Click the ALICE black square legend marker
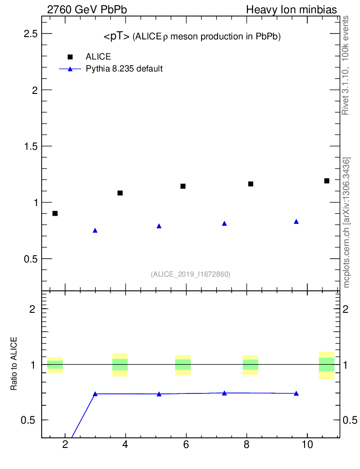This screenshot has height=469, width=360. (x=70, y=57)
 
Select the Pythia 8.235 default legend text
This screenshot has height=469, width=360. (x=124, y=69)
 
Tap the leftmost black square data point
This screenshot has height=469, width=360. (x=55, y=213)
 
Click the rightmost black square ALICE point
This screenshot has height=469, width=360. (x=327, y=180)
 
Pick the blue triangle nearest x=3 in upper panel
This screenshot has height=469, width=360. (x=95, y=230)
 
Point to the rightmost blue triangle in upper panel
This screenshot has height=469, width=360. (x=296, y=221)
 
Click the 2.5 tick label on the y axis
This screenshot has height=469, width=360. (x=31, y=34)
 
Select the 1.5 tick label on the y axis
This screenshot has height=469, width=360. (x=31, y=146)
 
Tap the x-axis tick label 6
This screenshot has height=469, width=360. (x=186, y=444)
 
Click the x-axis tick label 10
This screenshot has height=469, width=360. (x=307, y=444)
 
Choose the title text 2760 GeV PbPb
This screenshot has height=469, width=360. (x=87, y=10)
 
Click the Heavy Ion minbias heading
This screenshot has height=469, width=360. (x=292, y=10)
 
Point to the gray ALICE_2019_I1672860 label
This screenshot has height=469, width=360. (x=191, y=274)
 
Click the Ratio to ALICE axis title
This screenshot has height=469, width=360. (x=14, y=364)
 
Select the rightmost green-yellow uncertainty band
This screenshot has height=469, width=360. (x=327, y=365)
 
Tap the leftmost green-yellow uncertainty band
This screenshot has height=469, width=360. (x=55, y=365)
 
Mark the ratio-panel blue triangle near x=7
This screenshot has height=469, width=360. (x=224, y=393)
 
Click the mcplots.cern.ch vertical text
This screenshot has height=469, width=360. (x=346, y=223)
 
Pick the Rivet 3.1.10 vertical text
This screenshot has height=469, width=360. (x=345, y=65)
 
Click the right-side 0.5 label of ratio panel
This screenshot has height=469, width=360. (x=350, y=420)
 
